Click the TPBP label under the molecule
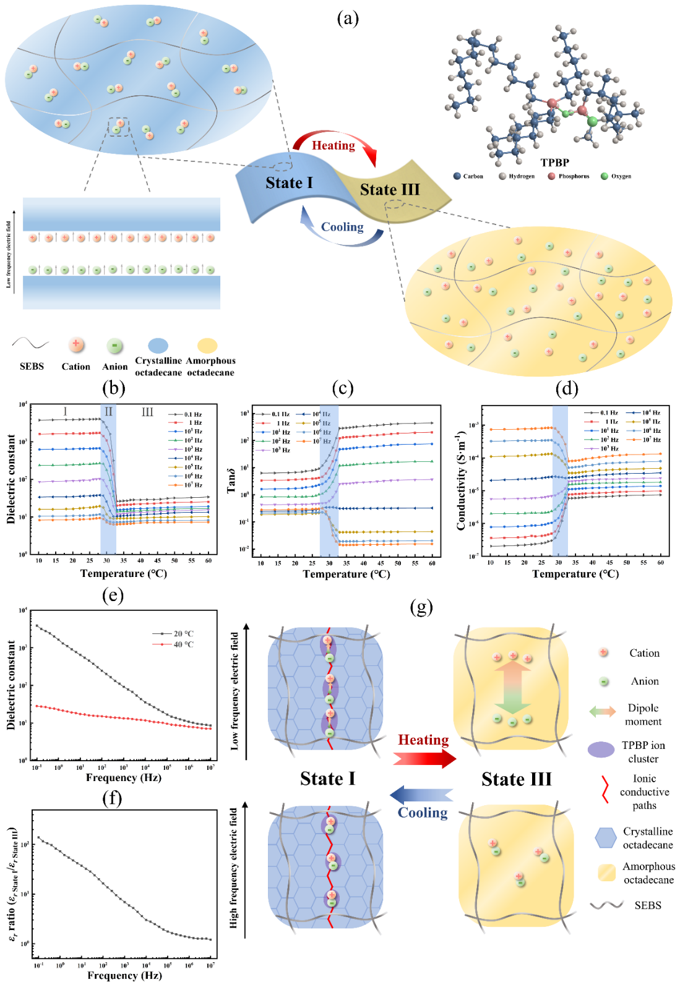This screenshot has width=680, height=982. coord(554,163)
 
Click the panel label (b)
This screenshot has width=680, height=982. coord(113,388)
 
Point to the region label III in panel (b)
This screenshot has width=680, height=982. coord(147,412)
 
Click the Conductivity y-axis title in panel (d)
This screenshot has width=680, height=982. coord(461,481)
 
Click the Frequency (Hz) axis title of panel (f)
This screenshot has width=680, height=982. coord(124,975)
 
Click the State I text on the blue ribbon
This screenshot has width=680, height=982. coord(289,183)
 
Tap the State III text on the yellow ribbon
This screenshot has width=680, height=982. coord(390,190)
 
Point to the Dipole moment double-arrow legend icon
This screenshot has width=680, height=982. coord(602,711)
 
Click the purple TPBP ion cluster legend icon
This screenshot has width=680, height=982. coord(601,749)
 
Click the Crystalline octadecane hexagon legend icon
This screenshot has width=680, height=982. coord(606,838)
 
